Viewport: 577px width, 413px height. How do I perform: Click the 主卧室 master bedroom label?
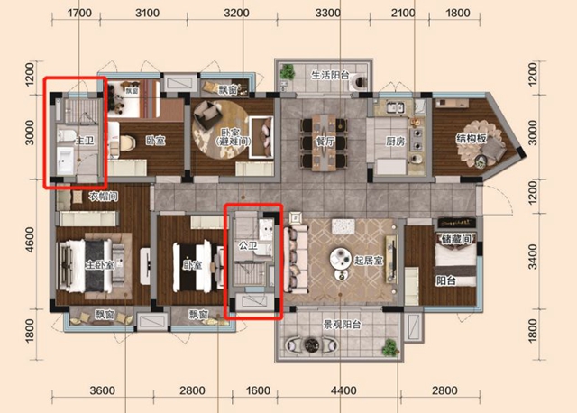pos(99,265)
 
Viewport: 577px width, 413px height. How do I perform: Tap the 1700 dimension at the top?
pos(80,14)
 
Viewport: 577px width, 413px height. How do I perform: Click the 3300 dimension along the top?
pos(328,14)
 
